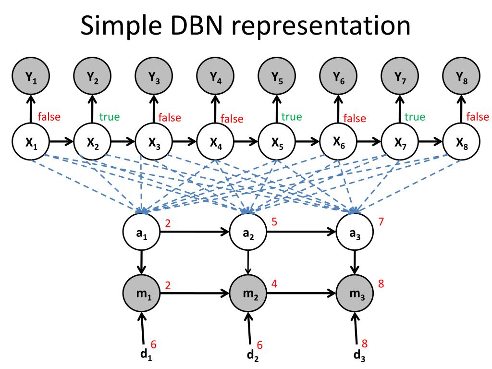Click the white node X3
[x=154, y=142]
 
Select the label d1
[x=142, y=356]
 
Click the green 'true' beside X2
[x=110, y=117]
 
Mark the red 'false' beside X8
[x=478, y=117]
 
